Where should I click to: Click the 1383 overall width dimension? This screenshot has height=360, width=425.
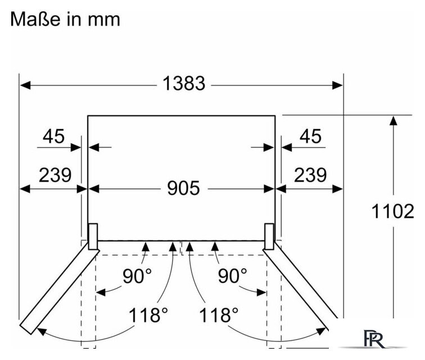pyautogui.click(x=183, y=83)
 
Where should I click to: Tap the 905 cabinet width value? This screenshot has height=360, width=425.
pyautogui.click(x=183, y=188)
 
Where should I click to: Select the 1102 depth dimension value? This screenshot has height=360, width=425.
pyautogui.click(x=393, y=211)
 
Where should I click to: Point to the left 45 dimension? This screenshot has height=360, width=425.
pyautogui.click(x=53, y=136)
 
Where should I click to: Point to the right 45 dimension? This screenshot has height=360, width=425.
pyautogui.click(x=310, y=136)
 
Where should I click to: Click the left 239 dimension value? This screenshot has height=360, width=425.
pyautogui.click(x=55, y=175)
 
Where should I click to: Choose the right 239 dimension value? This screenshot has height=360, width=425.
pyautogui.click(x=310, y=175)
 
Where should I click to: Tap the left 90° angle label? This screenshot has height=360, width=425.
pyautogui.click(x=137, y=276)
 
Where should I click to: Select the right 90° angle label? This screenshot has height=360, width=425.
pyautogui.click(x=233, y=276)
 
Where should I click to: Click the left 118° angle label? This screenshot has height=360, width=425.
pyautogui.click(x=148, y=315)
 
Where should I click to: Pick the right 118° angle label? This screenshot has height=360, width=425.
pyautogui.click(x=219, y=315)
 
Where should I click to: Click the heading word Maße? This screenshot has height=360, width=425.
pyautogui.click(x=35, y=19)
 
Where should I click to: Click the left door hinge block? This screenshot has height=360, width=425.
pyautogui.click(x=93, y=237)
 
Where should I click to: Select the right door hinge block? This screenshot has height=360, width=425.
pyautogui.click(x=269, y=236)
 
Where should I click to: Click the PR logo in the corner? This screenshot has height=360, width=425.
pyautogui.click(x=374, y=339)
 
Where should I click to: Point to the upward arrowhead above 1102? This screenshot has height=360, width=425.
pyautogui.click(x=394, y=120)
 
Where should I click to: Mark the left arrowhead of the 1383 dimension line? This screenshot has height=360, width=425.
pyautogui.click(x=25, y=85)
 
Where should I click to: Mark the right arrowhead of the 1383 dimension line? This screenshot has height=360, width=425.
pyautogui.click(x=337, y=85)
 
